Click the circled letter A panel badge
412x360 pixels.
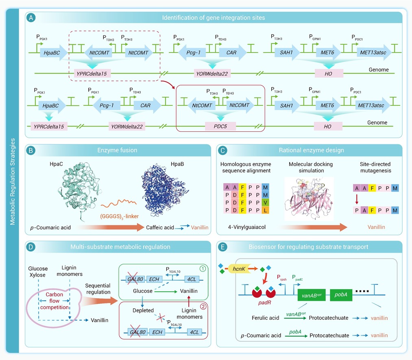click(31, 18)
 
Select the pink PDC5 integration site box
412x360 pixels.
click(220, 127)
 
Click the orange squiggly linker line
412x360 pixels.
click(118, 203)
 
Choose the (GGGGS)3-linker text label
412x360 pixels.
click(119, 216)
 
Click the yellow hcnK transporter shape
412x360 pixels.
click(240, 268)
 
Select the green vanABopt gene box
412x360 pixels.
click(312, 295)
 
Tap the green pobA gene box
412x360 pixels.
click(341, 295)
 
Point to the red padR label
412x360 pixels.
click(264, 303)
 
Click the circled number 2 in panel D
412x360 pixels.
click(203, 306)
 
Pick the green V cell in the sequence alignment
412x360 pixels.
click(266, 203)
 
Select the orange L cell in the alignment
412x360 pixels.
click(266, 210)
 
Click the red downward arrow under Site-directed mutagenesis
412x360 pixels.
click(357, 199)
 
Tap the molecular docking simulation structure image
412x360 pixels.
click(309, 199)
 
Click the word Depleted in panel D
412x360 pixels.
click(143, 310)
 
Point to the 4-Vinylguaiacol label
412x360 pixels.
click(247, 227)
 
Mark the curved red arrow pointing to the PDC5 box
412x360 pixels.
click(168, 83)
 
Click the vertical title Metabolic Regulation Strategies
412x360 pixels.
click(12, 181)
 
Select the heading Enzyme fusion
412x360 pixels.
click(117, 150)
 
